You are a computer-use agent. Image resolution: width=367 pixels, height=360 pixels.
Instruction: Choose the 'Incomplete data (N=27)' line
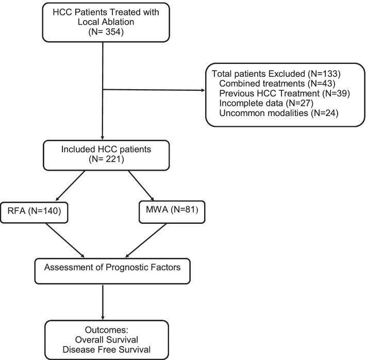[x=263, y=104]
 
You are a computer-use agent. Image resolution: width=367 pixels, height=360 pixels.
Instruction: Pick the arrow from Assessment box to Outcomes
[x=104, y=299]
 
